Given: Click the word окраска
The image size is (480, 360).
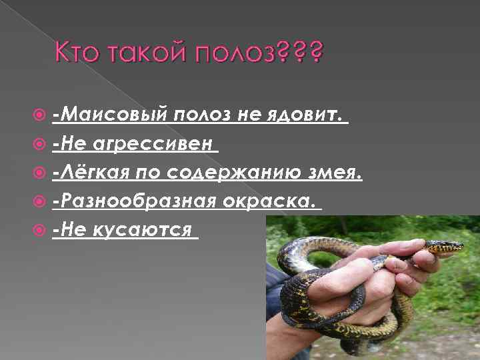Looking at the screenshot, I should click(x=272, y=201).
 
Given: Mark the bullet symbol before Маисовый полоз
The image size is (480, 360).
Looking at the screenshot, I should click(x=45, y=117).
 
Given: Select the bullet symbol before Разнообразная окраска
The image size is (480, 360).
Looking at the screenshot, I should click(x=45, y=201).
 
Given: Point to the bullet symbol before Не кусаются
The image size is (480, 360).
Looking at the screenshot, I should click(x=45, y=230).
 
